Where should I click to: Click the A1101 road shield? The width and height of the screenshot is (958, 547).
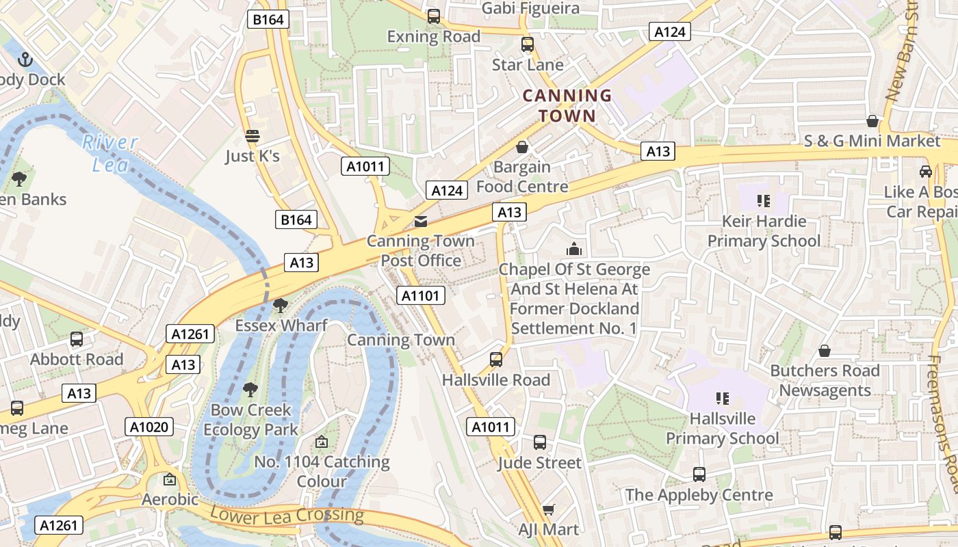pos(421,295)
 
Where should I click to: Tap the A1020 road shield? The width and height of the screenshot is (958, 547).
pos(150,427)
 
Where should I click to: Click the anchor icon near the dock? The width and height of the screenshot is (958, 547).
pos(25,59)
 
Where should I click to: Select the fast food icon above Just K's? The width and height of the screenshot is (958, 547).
pos(253,136)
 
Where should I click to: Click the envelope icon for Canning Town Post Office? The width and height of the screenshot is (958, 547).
pos(420,222)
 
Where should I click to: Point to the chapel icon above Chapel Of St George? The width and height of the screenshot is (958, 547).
pos(574,250)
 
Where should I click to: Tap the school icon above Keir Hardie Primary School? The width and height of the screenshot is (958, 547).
pos(764,201)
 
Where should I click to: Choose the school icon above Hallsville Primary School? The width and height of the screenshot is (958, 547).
pos(722,398)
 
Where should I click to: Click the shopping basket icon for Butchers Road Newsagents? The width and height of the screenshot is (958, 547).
pos(825,351)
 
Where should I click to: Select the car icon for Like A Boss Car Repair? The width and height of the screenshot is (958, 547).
pos(926,172)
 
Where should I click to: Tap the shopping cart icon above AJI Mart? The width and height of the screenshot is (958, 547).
pos(548,509)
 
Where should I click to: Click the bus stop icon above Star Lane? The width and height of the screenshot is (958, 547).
pos(528,44)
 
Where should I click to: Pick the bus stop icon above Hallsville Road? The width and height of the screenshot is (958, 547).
pos(496,360)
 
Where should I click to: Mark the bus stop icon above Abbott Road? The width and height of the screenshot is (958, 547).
pos(77,339)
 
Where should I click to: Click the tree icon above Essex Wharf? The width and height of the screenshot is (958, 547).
pos(280,305)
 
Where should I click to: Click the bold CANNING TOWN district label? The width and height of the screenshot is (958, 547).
pos(567,105)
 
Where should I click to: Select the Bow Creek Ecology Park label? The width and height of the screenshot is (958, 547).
pos(251,420)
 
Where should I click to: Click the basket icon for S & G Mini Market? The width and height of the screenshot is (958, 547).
pos(872,121)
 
